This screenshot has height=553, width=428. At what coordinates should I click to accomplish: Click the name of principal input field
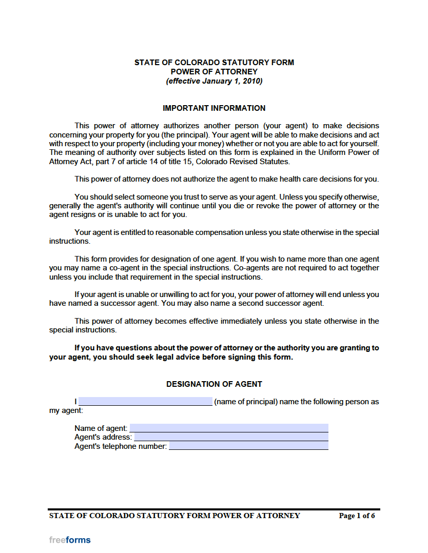[x=145, y=401]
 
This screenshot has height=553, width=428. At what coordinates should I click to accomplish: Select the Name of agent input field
[x=229, y=428]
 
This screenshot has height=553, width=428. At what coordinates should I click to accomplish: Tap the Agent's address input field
[x=231, y=437]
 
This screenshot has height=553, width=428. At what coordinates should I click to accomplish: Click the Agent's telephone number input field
[x=248, y=446]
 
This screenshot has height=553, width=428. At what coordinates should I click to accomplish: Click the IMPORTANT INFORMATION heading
[x=214, y=108]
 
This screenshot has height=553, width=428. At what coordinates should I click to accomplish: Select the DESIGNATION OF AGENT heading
[x=214, y=384]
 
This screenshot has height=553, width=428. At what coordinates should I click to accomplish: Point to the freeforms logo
[x=70, y=540]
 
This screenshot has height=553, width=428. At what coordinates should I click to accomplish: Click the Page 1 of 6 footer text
[x=357, y=516]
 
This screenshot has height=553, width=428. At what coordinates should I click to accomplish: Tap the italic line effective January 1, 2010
[x=214, y=81]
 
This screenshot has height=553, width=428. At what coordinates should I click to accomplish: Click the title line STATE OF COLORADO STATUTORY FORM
[x=214, y=63]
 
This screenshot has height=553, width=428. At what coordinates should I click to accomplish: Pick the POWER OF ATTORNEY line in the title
[x=214, y=72]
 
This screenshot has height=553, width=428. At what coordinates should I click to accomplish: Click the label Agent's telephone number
[x=121, y=446]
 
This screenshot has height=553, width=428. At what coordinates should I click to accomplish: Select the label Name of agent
[x=101, y=428]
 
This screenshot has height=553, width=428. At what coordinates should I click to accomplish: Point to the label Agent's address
[x=103, y=437]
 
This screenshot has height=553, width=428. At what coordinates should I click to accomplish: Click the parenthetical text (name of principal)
[x=246, y=402]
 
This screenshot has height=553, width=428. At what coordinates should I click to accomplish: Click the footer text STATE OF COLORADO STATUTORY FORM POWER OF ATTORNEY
[x=174, y=516]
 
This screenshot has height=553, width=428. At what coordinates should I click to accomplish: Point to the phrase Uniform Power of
[x=348, y=152]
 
